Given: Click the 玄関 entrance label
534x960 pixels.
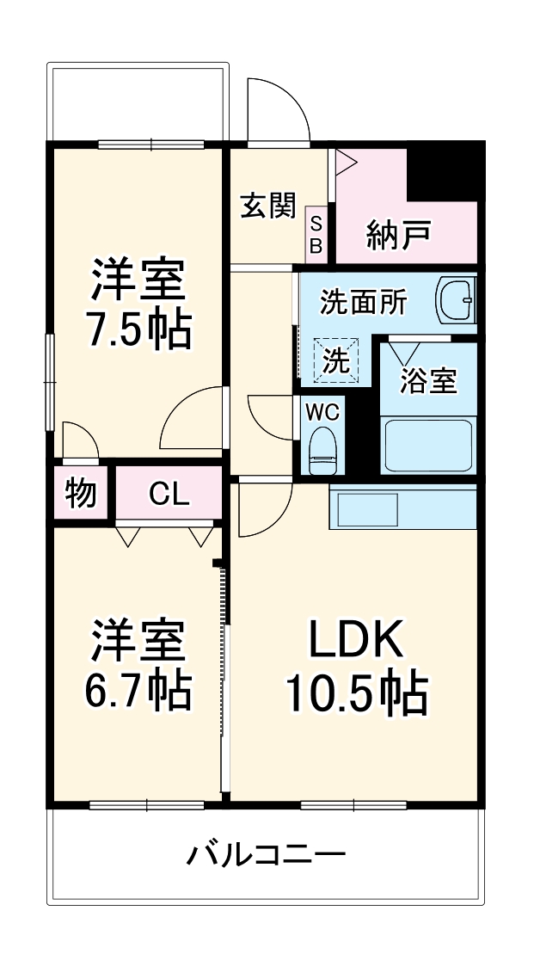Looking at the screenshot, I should [267, 206].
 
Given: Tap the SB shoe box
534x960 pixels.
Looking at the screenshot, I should [316, 234].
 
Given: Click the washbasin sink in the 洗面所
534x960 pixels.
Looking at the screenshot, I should [455, 301].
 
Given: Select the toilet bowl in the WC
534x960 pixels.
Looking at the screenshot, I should [323, 449].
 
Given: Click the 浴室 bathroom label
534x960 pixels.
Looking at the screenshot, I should [427, 381].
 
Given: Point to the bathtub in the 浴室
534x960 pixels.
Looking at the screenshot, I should [427, 444].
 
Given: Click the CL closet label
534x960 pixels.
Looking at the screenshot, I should [169, 495].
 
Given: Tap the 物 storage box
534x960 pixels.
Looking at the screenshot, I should [80, 495].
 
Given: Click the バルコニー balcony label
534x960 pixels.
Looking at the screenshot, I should [267, 856].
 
